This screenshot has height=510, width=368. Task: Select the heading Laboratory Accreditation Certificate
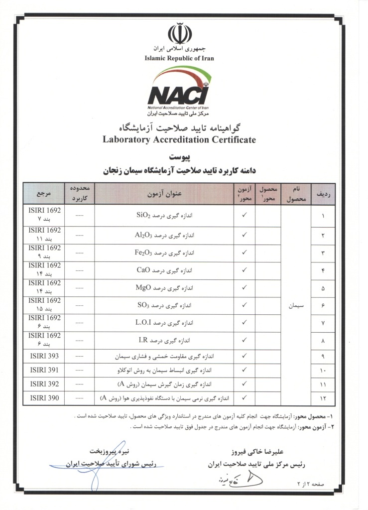click(x=179, y=139)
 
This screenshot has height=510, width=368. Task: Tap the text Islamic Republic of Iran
click(x=179, y=58)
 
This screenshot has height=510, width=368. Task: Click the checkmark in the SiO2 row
click(x=245, y=216)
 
